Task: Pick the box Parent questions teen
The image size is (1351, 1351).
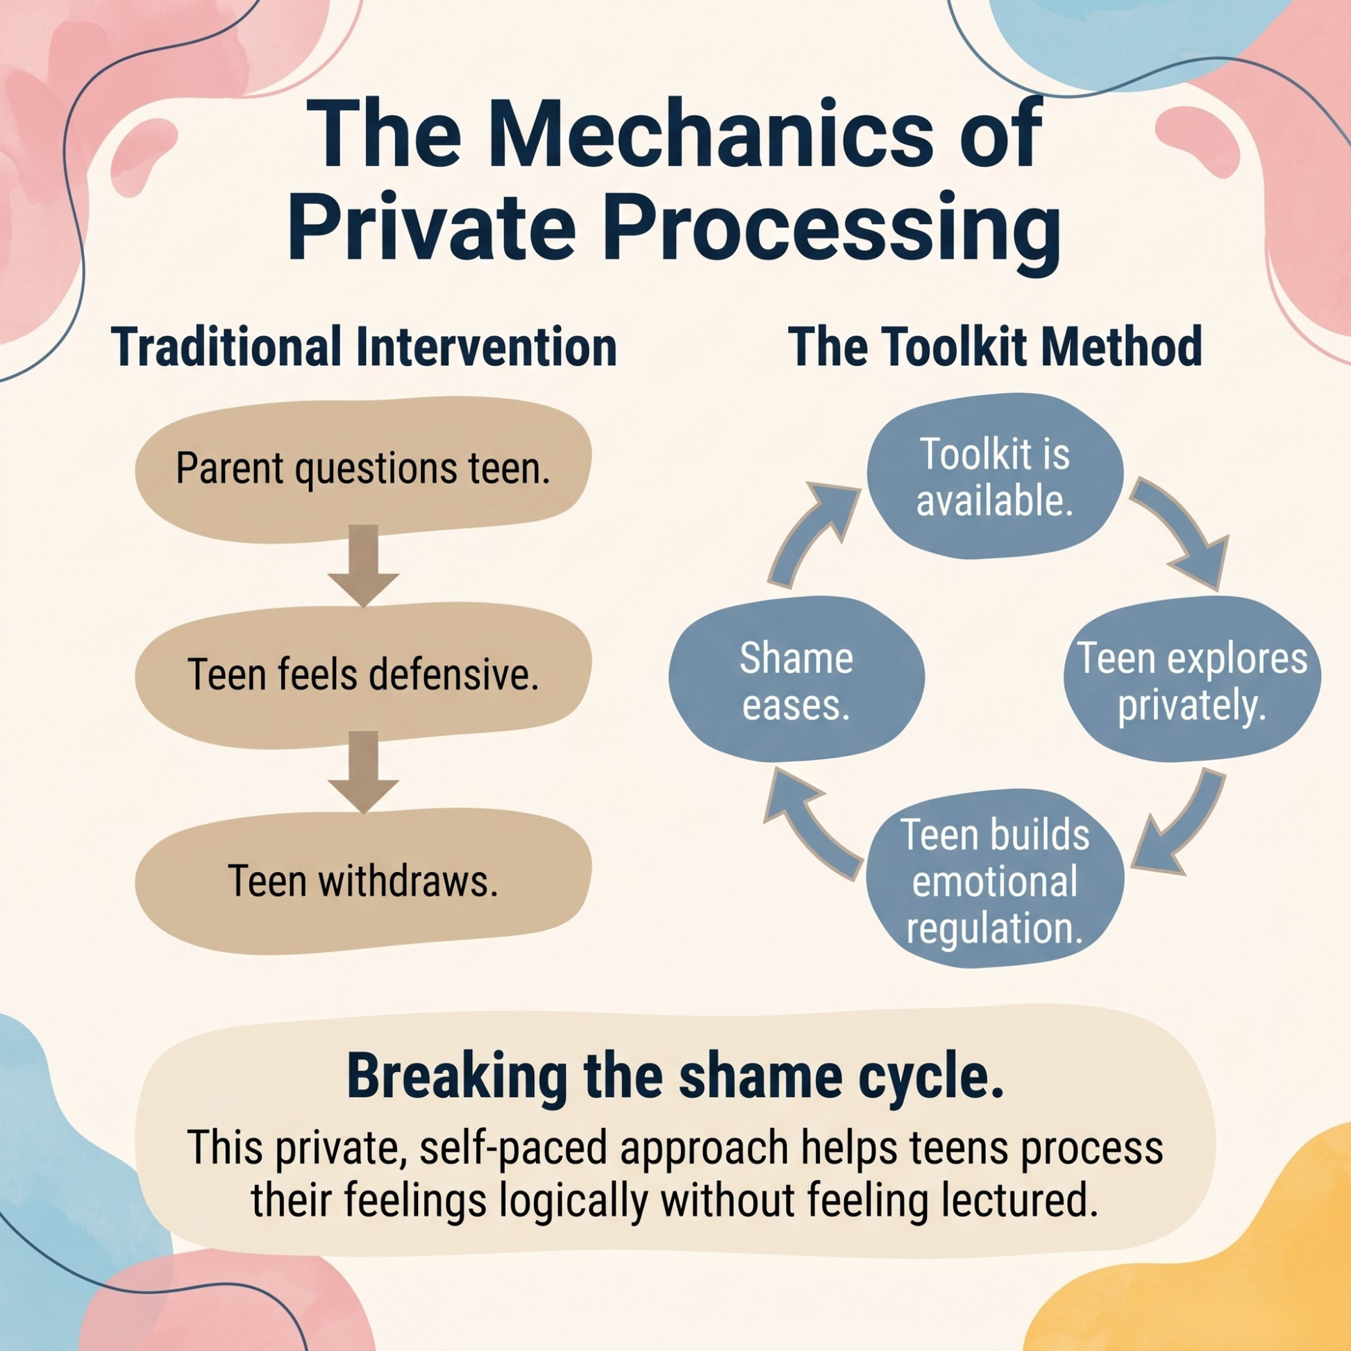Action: point(363,470)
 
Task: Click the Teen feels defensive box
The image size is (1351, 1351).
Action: point(363,675)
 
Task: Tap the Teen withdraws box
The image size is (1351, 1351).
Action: point(363,881)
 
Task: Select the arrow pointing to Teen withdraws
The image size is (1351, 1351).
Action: point(364,772)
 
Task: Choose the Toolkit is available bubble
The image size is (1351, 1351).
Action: point(994,477)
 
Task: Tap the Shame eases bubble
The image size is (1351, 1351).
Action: point(796,680)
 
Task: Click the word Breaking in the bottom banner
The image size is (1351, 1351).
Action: point(455,1077)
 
